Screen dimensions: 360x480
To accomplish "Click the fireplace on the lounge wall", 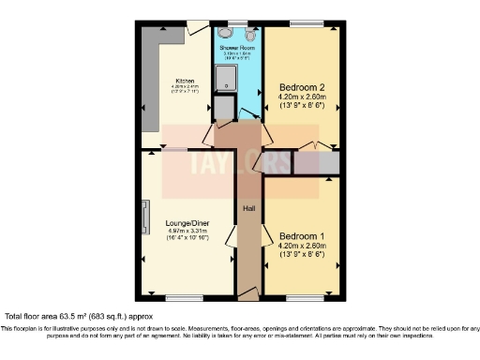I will coord(145,217).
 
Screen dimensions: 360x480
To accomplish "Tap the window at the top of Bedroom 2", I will coord(302,22).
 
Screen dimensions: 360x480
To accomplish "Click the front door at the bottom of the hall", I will coord(247,292).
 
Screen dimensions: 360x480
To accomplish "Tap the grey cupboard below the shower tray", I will coord(224,109).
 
